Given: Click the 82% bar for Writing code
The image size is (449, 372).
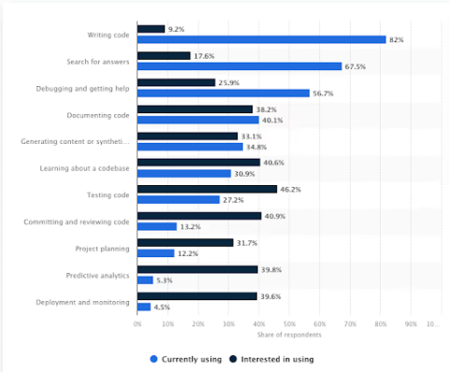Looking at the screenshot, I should click(x=261, y=39).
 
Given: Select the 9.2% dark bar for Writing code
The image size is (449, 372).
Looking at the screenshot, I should click(x=151, y=29).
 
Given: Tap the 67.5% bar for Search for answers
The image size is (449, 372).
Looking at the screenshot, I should click(x=239, y=66).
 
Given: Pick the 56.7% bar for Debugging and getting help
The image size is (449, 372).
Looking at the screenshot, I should click(x=223, y=93).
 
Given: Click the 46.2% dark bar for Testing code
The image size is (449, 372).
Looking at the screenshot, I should click(x=207, y=189).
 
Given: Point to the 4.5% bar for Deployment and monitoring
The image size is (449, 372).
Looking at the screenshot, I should click(x=144, y=306).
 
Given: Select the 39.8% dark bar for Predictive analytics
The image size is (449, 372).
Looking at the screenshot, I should click(x=197, y=269).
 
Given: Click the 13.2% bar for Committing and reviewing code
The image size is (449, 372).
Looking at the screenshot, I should click(x=157, y=226).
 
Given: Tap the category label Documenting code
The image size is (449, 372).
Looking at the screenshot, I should click(x=97, y=115).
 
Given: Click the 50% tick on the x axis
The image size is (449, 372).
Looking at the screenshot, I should click(x=289, y=323).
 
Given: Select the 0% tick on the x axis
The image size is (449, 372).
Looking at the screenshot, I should click(x=138, y=323).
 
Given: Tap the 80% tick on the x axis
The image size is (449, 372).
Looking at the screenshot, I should click(x=380, y=323).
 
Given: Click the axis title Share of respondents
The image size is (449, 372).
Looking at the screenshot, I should click(x=288, y=335).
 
